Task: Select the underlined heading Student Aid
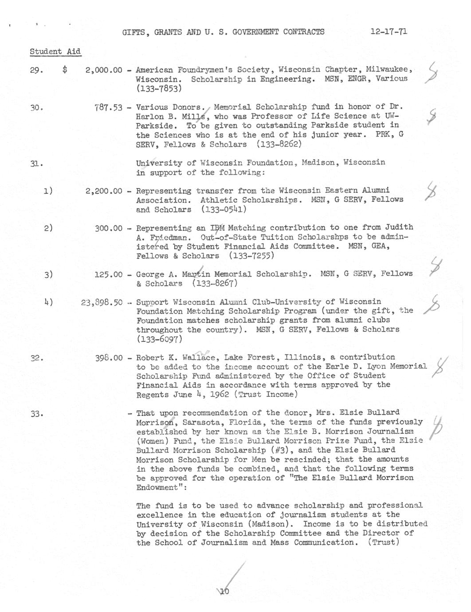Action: pos(55,51)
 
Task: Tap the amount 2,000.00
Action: pos(103,70)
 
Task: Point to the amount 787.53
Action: pos(108,107)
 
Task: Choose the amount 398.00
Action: pos(108,357)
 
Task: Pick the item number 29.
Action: pos(36,70)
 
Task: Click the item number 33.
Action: pos(36,414)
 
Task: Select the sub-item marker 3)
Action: pos(48,275)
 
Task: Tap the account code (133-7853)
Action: pos(159,88)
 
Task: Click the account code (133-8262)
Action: pos(279,144)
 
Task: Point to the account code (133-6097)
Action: pos(159,339)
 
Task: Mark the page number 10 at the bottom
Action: pos(224,591)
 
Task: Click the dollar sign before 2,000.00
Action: pos(65,70)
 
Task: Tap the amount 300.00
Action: pos(108,228)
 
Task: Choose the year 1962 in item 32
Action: pos(220,394)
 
